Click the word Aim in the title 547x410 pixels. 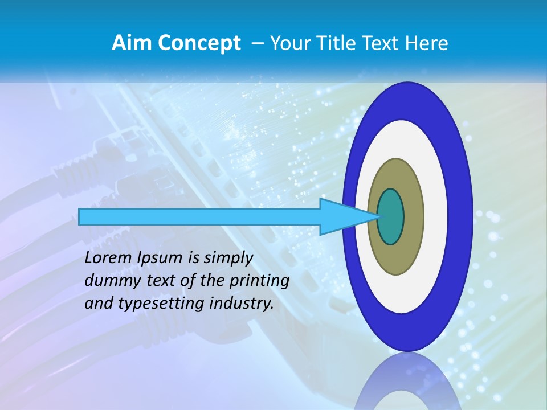tap(132, 43)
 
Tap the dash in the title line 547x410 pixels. tap(257, 43)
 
